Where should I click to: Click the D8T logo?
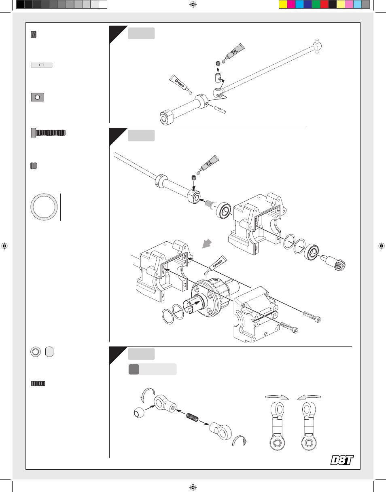coord(342,460)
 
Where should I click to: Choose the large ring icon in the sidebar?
coord(44,207)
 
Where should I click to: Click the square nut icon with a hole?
coord(37,97)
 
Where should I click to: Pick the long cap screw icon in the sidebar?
coord(48,132)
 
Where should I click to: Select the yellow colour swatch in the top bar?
coord(283,4)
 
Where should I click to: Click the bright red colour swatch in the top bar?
coord(324,4)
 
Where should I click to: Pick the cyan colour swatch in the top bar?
coord(299,4)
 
